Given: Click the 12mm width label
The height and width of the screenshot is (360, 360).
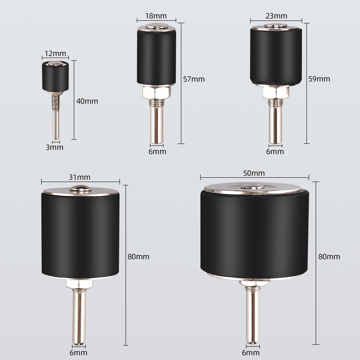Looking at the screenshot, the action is click(x=55, y=54).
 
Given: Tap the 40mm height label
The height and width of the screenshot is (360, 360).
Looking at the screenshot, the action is click(x=87, y=101).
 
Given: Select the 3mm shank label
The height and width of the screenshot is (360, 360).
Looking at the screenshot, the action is click(x=54, y=147).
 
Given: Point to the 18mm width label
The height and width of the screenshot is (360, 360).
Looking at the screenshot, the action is click(x=156, y=16).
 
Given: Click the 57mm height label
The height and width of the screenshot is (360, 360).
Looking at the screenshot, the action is click(x=194, y=79).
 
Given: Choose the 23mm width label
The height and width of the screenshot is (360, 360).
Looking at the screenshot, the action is click(x=276, y=16).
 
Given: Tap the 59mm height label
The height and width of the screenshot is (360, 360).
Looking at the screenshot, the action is click(x=319, y=79).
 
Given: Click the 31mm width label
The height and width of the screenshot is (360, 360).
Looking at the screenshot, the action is click(x=80, y=177).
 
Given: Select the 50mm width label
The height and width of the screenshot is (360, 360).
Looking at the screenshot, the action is click(x=254, y=173).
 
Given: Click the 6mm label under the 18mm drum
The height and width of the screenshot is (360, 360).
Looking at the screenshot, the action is click(x=157, y=152).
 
